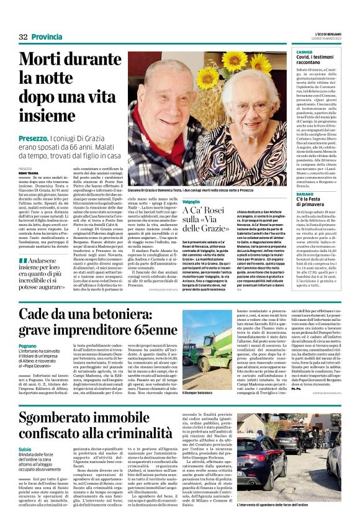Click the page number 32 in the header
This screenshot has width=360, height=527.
pos(24,38)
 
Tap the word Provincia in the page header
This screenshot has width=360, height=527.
pos(47,38)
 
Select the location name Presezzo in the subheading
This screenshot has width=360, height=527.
pos(33,136)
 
